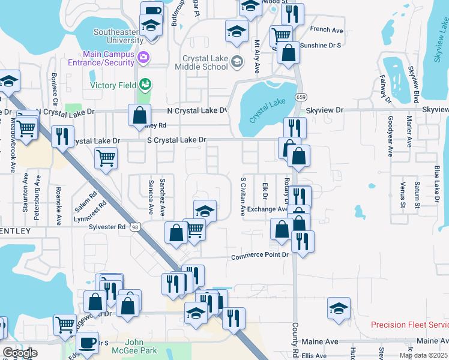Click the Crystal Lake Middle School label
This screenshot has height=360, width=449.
(205, 62)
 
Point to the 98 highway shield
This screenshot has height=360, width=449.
(136, 227)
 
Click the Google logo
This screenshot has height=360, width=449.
(20, 353)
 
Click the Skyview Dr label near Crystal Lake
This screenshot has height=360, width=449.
(324, 110)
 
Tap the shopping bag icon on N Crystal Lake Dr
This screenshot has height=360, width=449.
(139, 114)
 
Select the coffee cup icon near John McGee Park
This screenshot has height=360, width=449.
(88, 343)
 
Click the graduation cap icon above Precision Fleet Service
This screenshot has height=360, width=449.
(339, 308)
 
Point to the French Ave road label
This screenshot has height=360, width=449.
(326, 29)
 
